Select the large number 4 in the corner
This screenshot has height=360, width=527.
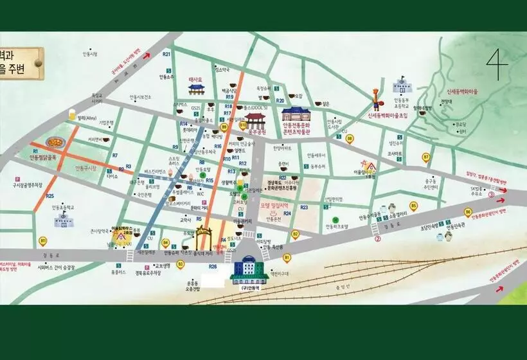point(496,64)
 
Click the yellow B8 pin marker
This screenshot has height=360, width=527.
point(350,138)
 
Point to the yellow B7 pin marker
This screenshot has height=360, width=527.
point(425,156)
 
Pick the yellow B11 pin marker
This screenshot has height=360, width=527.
point(44,241)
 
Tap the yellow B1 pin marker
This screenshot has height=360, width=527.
point(287,258)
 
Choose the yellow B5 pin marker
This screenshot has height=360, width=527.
point(414,206)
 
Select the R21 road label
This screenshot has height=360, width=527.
point(166,55)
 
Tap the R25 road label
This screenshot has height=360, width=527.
point(49,195)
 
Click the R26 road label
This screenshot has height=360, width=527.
point(213,266)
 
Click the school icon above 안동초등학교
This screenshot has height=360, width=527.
point(65,221)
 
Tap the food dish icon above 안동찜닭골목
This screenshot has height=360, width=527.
point(55,142)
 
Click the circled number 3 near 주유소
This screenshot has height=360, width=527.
point(492,194)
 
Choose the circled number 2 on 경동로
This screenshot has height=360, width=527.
point(379,239)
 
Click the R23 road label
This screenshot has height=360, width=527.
point(303,207)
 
